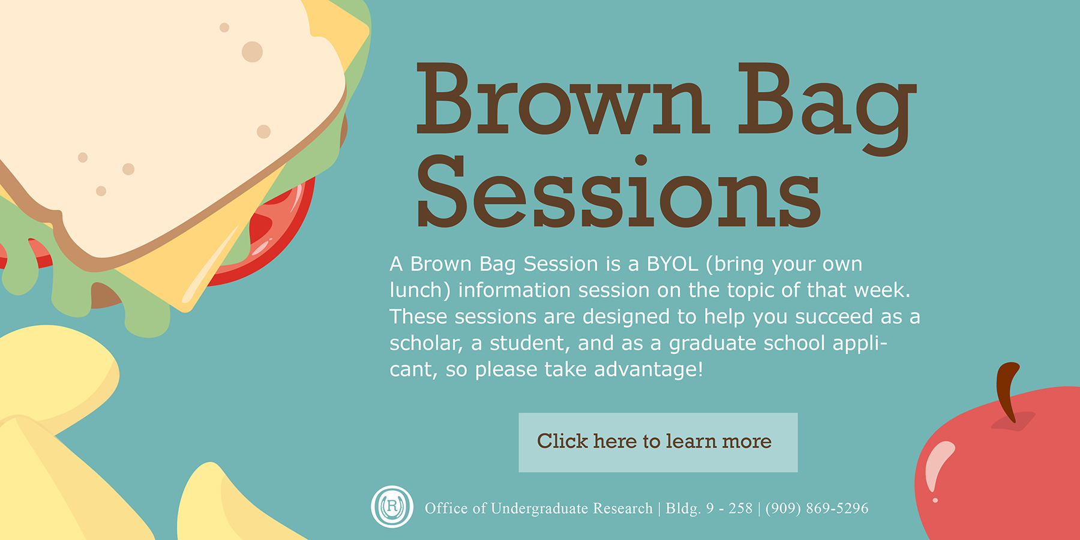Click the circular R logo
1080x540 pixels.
(x=392, y=507)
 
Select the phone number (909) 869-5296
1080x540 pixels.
(x=817, y=508)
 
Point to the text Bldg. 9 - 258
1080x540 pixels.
(x=709, y=508)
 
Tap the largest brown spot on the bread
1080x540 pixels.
(x=253, y=52)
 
